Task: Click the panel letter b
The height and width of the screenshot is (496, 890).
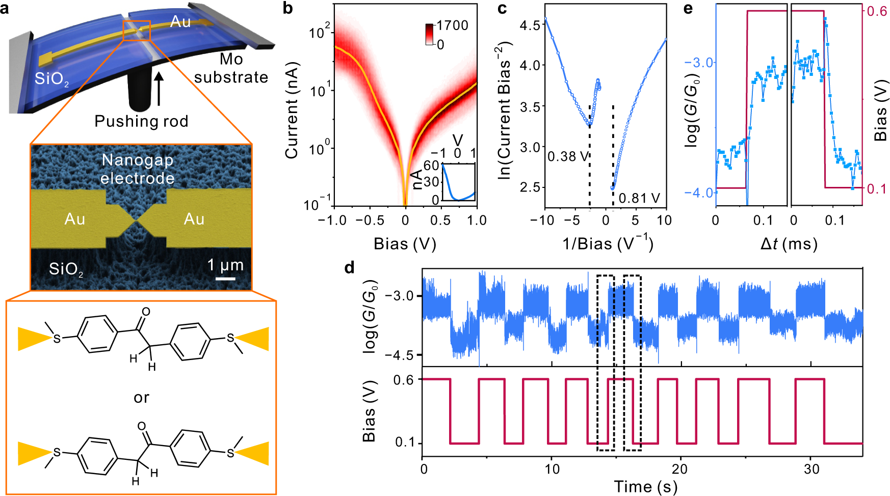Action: pyautogui.click(x=288, y=9)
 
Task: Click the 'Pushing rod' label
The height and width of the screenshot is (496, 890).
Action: pyautogui.click(x=141, y=121)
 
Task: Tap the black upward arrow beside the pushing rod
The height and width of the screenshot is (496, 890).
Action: pyautogui.click(x=159, y=89)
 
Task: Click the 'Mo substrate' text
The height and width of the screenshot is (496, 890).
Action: pyautogui.click(x=231, y=68)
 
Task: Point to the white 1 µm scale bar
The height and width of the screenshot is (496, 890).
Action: pyautogui.click(x=225, y=279)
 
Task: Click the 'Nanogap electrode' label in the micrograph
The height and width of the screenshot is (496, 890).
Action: pyautogui.click(x=138, y=169)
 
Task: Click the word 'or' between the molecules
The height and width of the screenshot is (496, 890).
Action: pyautogui.click(x=141, y=397)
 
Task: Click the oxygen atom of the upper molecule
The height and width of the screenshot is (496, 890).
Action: pyautogui.click(x=146, y=312)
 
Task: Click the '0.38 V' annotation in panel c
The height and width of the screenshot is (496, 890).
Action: pyautogui.click(x=568, y=156)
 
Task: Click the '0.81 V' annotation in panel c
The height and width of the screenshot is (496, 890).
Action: pyautogui.click(x=639, y=198)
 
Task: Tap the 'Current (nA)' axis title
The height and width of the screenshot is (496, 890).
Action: pyautogui.click(x=292, y=111)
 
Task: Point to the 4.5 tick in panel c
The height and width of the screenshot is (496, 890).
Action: pyautogui.click(x=530, y=25)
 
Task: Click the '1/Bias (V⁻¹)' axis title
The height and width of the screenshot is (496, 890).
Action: pyautogui.click(x=608, y=243)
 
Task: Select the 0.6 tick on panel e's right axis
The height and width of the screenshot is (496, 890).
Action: pyautogui.click(x=877, y=11)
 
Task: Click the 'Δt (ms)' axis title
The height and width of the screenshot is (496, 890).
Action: pyautogui.click(x=789, y=244)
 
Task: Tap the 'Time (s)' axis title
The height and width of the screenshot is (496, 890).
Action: pyautogui.click(x=645, y=486)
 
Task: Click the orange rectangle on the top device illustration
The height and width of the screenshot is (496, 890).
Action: pyautogui.click(x=137, y=31)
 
